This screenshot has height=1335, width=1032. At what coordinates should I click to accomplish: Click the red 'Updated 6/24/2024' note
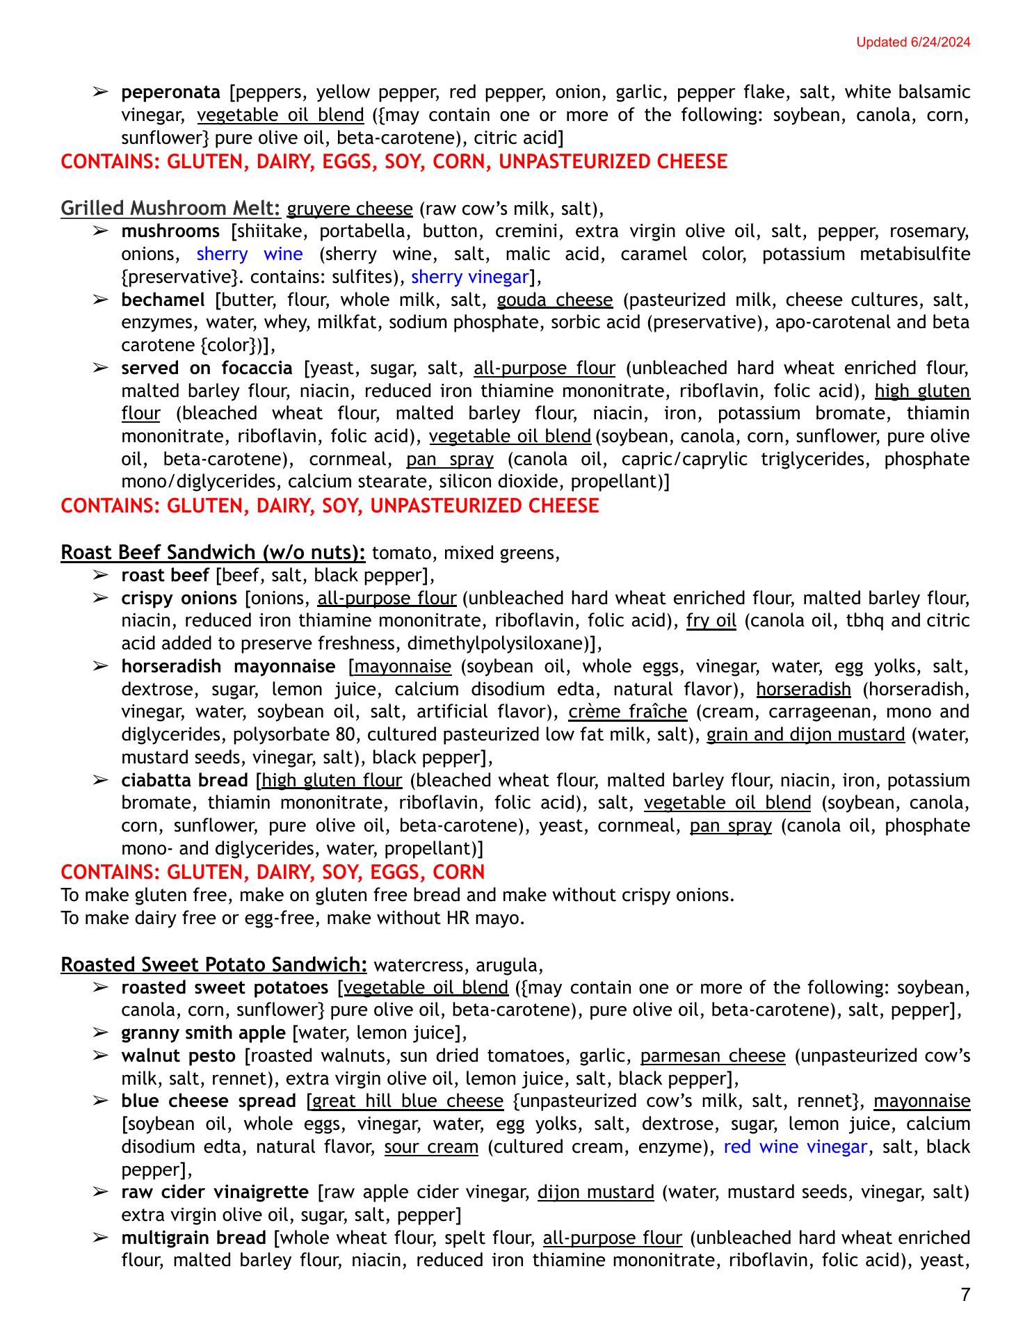click(912, 42)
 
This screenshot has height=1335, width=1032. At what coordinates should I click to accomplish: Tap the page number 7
click(965, 1294)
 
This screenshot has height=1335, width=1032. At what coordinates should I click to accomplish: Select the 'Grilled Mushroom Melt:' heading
click(170, 208)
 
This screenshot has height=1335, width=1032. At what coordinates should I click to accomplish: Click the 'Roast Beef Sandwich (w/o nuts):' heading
click(213, 552)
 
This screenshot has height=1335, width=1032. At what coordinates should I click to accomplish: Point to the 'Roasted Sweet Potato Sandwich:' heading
click(213, 964)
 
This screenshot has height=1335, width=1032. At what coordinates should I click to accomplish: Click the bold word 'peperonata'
click(170, 92)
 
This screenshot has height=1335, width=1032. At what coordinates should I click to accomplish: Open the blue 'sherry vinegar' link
click(469, 277)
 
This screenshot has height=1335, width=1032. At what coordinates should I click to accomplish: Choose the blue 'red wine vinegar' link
click(796, 1147)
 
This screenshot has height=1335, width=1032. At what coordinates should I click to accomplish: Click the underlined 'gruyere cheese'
click(350, 209)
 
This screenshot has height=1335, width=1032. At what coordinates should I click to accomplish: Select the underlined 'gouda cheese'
click(555, 300)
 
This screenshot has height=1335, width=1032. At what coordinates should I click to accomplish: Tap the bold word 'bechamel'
click(163, 300)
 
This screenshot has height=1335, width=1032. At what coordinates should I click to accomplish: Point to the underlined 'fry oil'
click(711, 620)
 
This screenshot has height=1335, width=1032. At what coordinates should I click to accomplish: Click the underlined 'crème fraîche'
click(627, 711)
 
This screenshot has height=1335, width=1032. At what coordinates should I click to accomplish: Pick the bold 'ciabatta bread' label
click(184, 780)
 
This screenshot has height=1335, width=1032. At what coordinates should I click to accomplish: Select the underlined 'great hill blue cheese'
click(408, 1101)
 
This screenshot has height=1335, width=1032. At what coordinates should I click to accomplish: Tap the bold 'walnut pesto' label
click(178, 1055)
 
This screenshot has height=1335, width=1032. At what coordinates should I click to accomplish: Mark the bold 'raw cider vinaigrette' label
click(215, 1192)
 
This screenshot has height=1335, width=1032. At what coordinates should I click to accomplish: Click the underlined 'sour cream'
click(431, 1147)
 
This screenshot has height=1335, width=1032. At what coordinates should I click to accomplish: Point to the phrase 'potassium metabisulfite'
click(866, 254)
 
